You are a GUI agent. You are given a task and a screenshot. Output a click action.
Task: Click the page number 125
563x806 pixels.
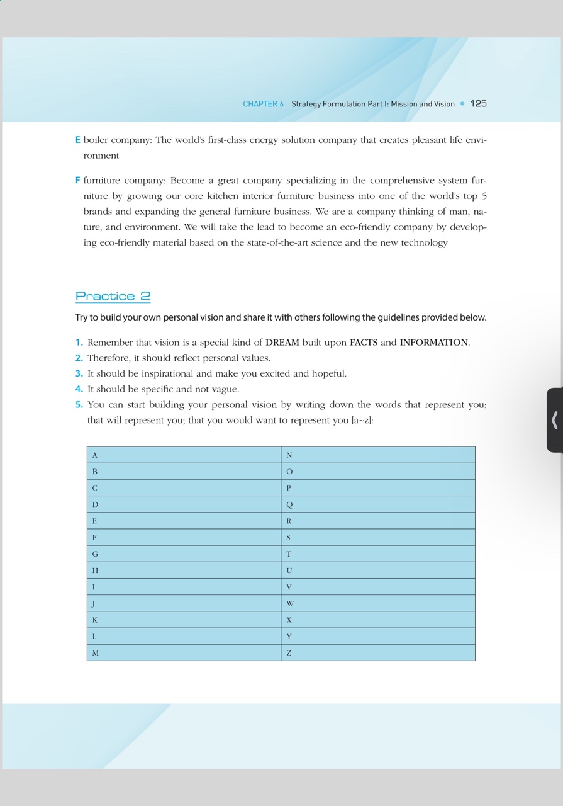pyautogui.click(x=478, y=104)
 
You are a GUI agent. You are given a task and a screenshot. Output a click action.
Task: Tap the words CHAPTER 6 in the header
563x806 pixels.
pyautogui.click(x=263, y=104)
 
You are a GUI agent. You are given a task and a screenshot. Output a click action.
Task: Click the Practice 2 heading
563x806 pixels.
pyautogui.click(x=113, y=296)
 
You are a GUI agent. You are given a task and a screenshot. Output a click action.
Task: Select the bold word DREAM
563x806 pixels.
pyautogui.click(x=282, y=343)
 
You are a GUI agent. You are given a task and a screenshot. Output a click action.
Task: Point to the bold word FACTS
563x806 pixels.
pyautogui.click(x=364, y=343)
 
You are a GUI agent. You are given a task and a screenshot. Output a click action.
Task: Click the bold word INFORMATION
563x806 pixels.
pyautogui.click(x=433, y=343)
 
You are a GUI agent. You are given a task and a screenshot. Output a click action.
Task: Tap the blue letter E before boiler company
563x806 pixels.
pyautogui.click(x=78, y=140)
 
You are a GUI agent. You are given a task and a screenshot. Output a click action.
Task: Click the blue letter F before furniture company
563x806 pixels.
pyautogui.click(x=78, y=181)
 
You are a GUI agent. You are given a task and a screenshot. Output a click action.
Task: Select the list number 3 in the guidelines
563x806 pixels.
pyautogui.click(x=79, y=373)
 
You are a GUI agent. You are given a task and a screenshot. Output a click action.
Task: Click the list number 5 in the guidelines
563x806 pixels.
pyautogui.click(x=79, y=405)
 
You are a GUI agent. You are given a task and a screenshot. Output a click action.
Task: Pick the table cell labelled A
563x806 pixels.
pyautogui.click(x=184, y=455)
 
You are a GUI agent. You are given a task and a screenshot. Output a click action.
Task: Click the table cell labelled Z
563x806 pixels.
pyautogui.click(x=378, y=652)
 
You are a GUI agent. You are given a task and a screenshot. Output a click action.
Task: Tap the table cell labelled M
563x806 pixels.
pyautogui.click(x=184, y=652)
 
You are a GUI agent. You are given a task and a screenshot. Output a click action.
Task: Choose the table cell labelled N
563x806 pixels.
pyautogui.click(x=378, y=455)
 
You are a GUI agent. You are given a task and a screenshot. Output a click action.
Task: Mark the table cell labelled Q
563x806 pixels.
pyautogui.click(x=378, y=504)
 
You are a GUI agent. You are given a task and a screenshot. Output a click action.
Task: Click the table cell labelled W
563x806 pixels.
pyautogui.click(x=378, y=603)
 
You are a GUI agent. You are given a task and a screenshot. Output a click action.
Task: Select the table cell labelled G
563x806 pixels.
pyautogui.click(x=184, y=553)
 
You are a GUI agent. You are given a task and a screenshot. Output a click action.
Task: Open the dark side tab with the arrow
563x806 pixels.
pyautogui.click(x=554, y=420)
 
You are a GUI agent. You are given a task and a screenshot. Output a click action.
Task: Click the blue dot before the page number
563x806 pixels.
pyautogui.click(x=462, y=104)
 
